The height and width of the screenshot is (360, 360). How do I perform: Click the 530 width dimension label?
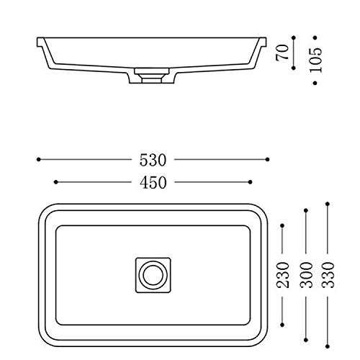pos(152,158)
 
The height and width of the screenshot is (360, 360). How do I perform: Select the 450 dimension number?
pos(152,182)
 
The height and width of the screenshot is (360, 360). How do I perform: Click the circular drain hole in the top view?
pos(152,274)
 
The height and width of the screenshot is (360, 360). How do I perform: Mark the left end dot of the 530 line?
pos(37,158)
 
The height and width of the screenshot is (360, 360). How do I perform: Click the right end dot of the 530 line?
pos(267,158)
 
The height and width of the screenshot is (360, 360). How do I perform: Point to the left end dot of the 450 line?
pos(55,182)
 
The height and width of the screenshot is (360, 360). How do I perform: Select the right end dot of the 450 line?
pos(250,182)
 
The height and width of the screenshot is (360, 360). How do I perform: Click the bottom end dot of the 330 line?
pos(327,343)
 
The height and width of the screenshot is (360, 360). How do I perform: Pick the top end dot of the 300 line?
pos(307,210)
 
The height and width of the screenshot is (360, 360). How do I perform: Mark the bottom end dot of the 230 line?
pos(283,322)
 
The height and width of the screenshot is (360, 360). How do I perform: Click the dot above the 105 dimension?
pos(315,33)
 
